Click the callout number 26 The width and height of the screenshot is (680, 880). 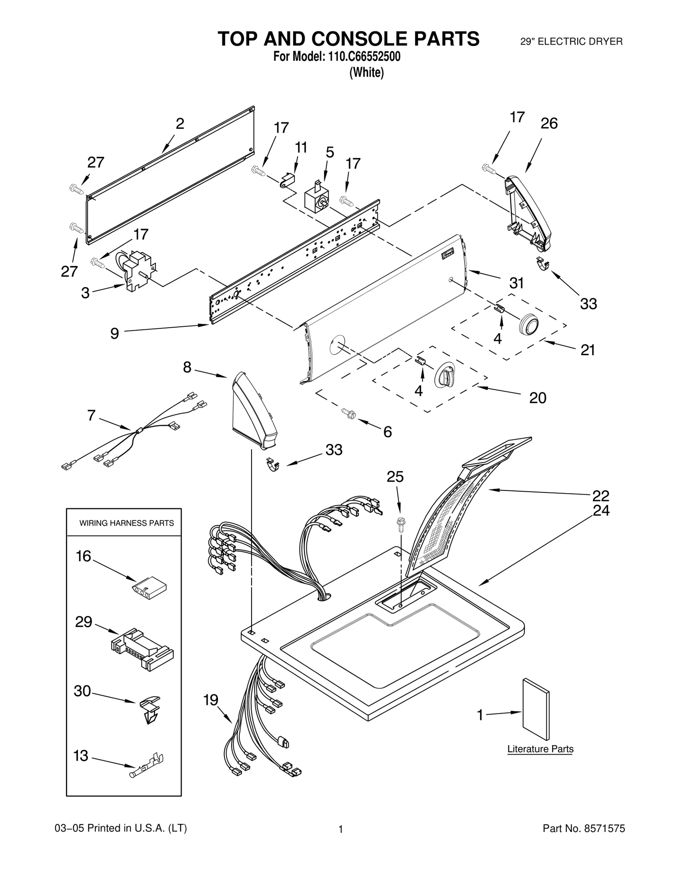point(549,124)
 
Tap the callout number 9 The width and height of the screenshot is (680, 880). point(114,334)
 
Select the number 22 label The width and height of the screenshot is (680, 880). point(601,495)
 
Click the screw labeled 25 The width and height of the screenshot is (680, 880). point(399,525)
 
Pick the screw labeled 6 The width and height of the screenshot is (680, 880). point(349,413)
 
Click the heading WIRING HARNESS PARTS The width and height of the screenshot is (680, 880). point(126,523)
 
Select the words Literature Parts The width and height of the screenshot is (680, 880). point(540,749)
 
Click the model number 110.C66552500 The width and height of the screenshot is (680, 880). point(363,57)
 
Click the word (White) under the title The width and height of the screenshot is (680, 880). point(366,73)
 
